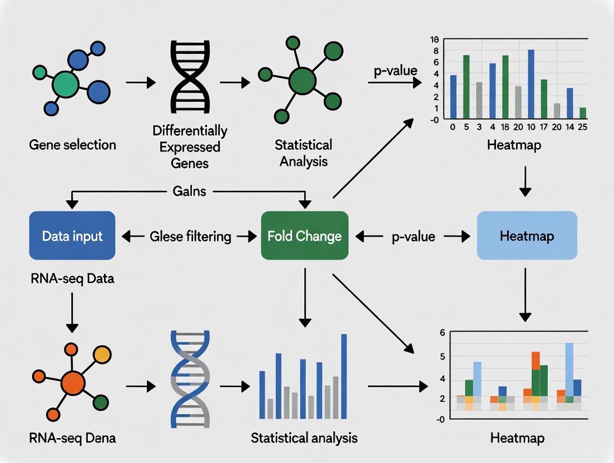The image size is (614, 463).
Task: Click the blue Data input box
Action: [x=72, y=236]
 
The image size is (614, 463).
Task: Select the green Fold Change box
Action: [x=304, y=236]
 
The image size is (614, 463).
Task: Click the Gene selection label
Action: [x=73, y=145]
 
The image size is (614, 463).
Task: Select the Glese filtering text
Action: [x=191, y=237]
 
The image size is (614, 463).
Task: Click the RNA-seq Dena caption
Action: [x=73, y=438]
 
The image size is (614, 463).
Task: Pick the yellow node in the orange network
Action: [x=102, y=354]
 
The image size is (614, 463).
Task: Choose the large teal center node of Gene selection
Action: [x=65, y=83]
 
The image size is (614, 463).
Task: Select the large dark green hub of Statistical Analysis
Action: [x=302, y=82]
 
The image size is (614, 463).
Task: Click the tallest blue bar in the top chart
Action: [x=531, y=84]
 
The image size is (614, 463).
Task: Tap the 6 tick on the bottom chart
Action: [x=442, y=333]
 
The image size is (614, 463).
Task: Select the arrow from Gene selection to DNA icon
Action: [x=141, y=83]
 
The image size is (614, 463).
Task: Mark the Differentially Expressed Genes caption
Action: [x=190, y=147]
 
